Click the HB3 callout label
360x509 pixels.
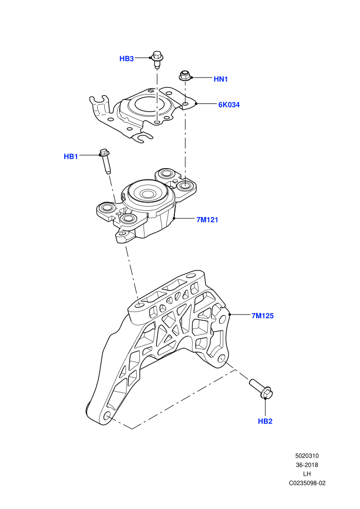pyautogui.click(x=127, y=59)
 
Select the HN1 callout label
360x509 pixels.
pyautogui.click(x=221, y=79)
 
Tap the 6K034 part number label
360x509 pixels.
pyautogui.click(x=229, y=104)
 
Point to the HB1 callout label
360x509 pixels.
pyautogui.click(x=71, y=156)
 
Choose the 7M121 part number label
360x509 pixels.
pyautogui.click(x=207, y=220)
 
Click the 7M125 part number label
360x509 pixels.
pyautogui.click(x=263, y=316)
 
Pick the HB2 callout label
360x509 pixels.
pyautogui.click(x=265, y=422)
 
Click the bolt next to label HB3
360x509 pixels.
pyautogui.click(x=157, y=59)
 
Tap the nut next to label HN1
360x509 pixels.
pyautogui.click(x=185, y=76)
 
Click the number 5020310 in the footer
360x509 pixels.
pyautogui.click(x=307, y=456)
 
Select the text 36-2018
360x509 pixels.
pyautogui.click(x=307, y=465)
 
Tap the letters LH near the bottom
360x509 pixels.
pyautogui.click(x=307, y=474)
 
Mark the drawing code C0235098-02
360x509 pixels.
pyautogui.click(x=307, y=483)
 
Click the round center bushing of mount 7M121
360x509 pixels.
pyautogui.click(x=148, y=194)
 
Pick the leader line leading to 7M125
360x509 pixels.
pyautogui.click(x=240, y=315)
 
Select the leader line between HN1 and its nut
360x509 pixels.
pyautogui.click(x=202, y=78)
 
